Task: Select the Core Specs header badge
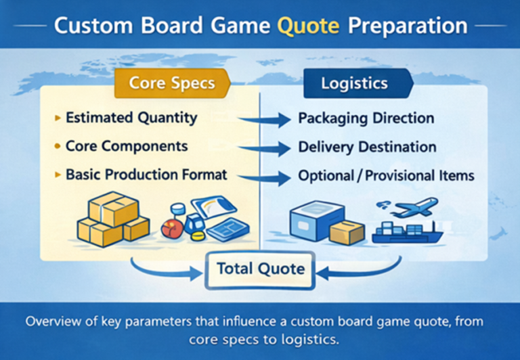171,83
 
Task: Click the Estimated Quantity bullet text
131,118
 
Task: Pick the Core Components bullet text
127,146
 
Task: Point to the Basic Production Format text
146,175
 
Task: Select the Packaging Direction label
366,118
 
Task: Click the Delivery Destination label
368,147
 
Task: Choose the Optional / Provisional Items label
386,176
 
